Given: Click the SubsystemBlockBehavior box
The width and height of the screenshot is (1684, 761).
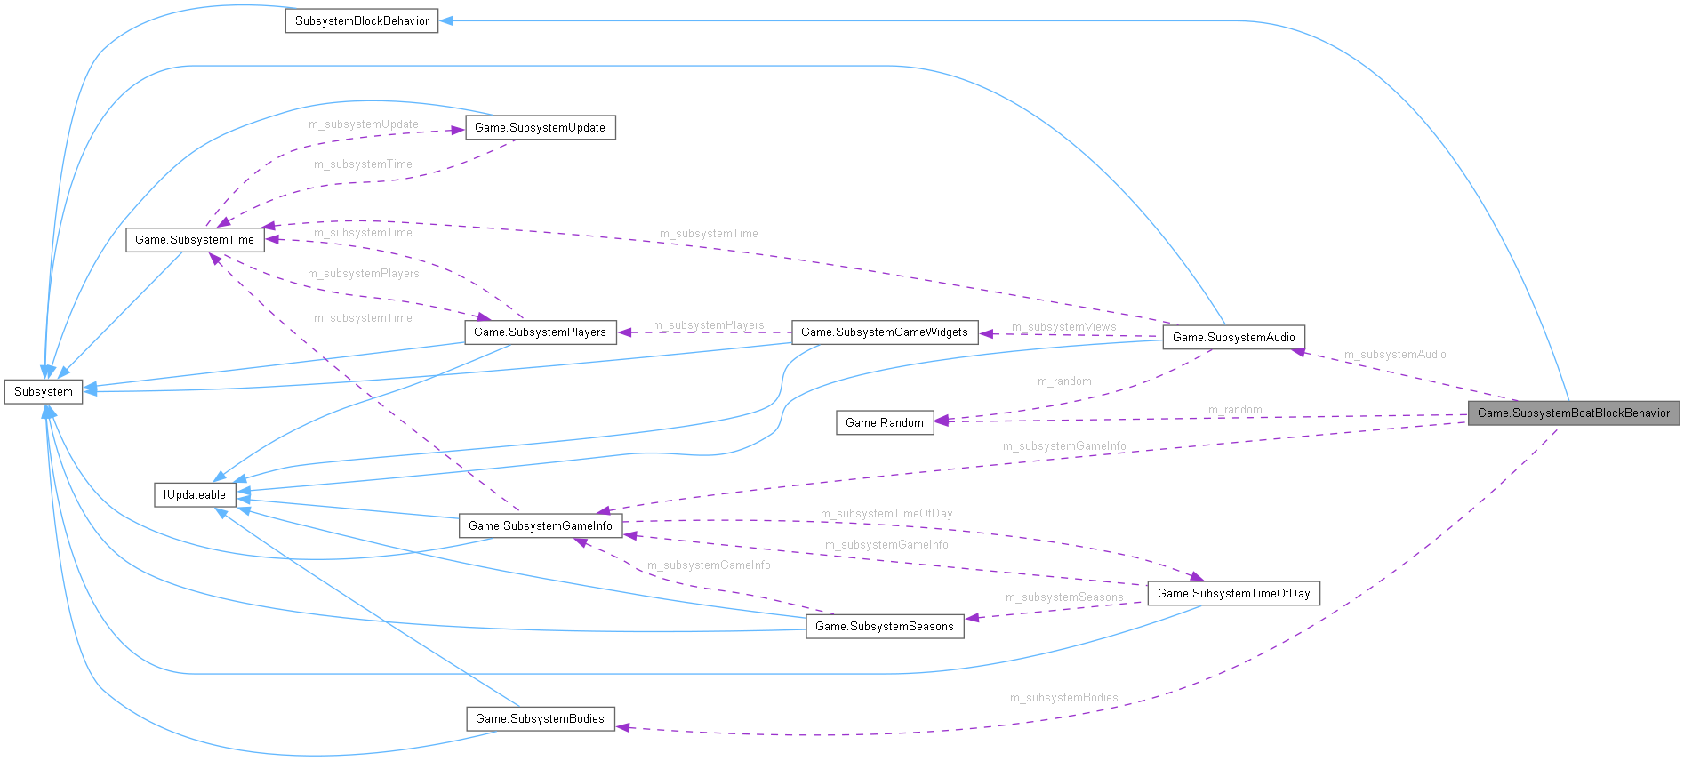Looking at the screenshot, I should pyautogui.click(x=361, y=20).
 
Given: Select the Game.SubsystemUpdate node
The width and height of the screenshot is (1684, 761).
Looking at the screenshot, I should pyautogui.click(x=540, y=127).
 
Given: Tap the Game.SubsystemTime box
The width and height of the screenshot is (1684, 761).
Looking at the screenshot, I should pyautogui.click(x=195, y=239).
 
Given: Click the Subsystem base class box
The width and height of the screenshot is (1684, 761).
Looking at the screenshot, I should pyautogui.click(x=44, y=391).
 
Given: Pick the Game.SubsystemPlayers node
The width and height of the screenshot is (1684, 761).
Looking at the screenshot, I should pyautogui.click(x=540, y=332).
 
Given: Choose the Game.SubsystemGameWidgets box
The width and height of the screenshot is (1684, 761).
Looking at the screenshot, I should pyautogui.click(x=884, y=332).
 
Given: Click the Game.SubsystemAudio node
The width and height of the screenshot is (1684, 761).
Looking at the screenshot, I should pyautogui.click(x=1233, y=337).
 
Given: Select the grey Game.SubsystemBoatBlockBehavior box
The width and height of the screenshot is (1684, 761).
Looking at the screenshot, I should pyautogui.click(x=1573, y=413).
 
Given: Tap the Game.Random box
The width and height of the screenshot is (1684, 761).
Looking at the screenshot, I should pyautogui.click(x=884, y=422).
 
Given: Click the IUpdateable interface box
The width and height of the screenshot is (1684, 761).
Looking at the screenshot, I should pyautogui.click(x=195, y=494).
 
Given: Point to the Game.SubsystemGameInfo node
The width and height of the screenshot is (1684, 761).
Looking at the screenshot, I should pyautogui.click(x=540, y=525).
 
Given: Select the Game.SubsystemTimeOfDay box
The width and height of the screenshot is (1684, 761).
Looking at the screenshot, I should pyautogui.click(x=1233, y=593).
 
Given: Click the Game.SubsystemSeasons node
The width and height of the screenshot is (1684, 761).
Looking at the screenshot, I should pyautogui.click(x=884, y=626).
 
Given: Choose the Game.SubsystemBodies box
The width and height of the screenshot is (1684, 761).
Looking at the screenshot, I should pyautogui.click(x=540, y=718).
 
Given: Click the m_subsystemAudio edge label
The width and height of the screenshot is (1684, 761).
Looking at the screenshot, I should pyautogui.click(x=1394, y=355).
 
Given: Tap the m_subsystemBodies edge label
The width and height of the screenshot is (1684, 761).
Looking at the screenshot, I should pyautogui.click(x=1063, y=698).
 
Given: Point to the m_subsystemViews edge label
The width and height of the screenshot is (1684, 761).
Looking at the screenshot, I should pyautogui.click(x=1063, y=327).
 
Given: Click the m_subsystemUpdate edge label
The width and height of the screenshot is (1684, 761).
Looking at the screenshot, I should pyautogui.click(x=363, y=124).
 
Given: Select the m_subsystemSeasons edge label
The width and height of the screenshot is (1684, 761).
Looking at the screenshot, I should pyautogui.click(x=1063, y=597).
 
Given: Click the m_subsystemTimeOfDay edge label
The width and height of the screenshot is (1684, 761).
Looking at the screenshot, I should pyautogui.click(x=886, y=514).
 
